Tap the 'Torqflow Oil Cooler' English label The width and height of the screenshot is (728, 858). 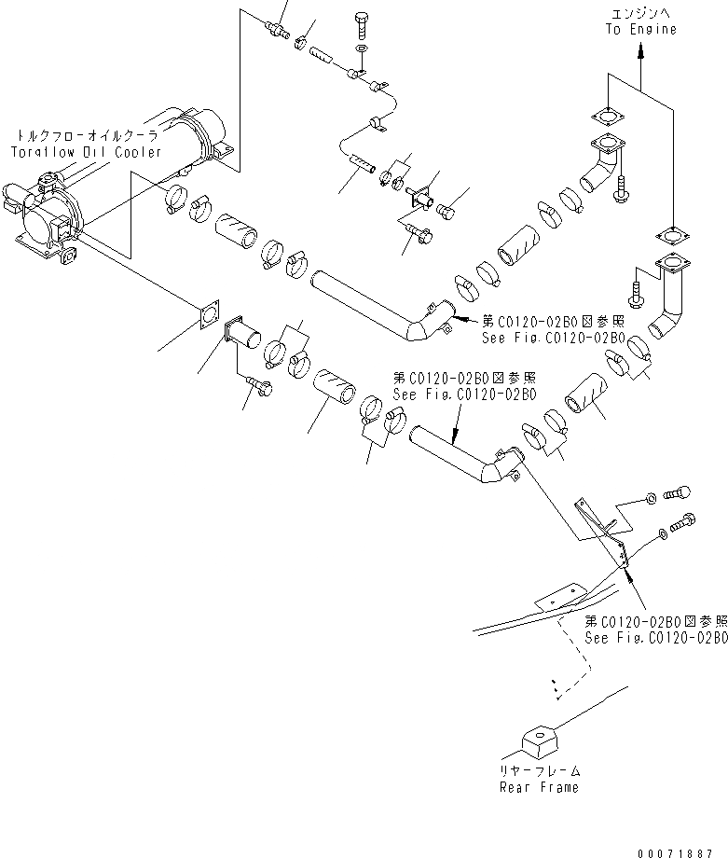pyautogui.click(x=86, y=152)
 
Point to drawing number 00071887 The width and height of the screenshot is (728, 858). pyautogui.click(x=683, y=852)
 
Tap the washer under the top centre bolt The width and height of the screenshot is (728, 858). pyautogui.click(x=363, y=48)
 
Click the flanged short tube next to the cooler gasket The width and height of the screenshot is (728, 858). pyautogui.click(x=241, y=331)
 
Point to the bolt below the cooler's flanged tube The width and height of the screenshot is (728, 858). pyautogui.click(x=258, y=382)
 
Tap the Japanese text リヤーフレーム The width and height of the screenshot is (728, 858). pyautogui.click(x=542, y=770)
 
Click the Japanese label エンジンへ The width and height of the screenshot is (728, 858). pyautogui.click(x=639, y=13)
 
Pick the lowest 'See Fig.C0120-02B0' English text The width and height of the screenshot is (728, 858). pyautogui.click(x=655, y=637)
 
